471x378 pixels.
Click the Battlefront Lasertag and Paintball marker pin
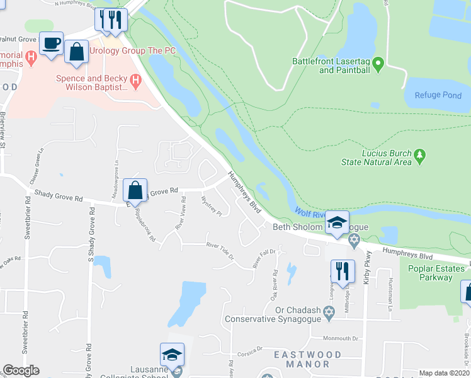click(378, 64)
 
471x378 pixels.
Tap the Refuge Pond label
click(438, 95)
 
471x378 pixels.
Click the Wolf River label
click(310, 214)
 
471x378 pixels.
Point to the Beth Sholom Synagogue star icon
click(353, 239)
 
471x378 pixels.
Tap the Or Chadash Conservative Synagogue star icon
click(329, 312)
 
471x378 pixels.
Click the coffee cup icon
click(51, 43)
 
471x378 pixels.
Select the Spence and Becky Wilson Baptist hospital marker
click(135, 81)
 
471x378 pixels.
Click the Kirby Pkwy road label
click(368, 277)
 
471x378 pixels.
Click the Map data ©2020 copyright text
click(444, 373)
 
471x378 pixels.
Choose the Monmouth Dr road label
click(343, 338)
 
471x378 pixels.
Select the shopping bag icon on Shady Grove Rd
click(135, 190)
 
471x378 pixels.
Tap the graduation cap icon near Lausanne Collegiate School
click(172, 354)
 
